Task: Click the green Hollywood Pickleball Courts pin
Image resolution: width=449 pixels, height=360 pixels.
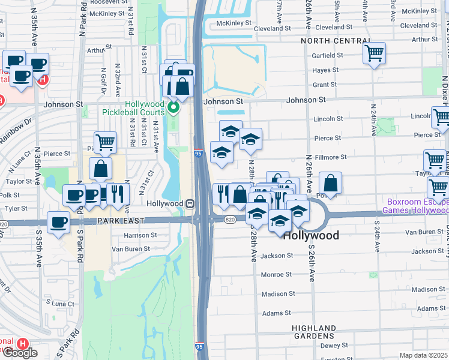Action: pos(173,108)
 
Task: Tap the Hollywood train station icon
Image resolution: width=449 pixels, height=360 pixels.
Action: pos(189,203)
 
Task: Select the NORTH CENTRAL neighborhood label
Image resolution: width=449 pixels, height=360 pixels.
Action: pos(335,41)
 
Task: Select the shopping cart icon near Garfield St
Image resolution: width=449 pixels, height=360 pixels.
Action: pos(375,53)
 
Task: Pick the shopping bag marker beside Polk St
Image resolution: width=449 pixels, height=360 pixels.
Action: pos(330,182)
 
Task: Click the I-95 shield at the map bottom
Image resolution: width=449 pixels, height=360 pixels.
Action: pos(199,347)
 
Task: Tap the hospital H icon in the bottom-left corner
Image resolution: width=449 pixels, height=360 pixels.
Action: pos(22,344)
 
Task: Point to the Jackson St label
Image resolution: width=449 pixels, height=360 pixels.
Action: pos(277,256)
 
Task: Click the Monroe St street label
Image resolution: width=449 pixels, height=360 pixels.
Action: pos(276,275)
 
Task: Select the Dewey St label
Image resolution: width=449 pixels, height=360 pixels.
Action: pos(334,346)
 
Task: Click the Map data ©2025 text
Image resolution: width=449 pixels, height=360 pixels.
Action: pos(424,355)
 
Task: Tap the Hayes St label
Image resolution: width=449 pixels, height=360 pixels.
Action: pos(326,70)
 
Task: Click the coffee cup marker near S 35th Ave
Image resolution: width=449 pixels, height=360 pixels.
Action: pos(59,222)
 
